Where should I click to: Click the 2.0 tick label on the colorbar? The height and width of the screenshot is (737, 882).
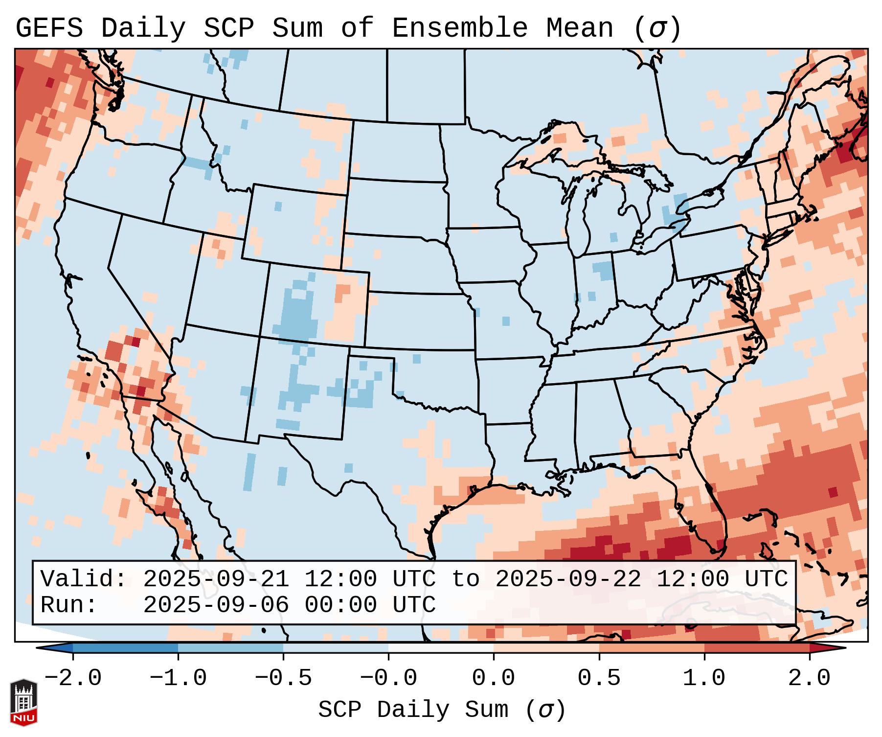coord(809,678)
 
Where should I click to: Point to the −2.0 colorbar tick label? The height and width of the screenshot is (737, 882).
coord(73,678)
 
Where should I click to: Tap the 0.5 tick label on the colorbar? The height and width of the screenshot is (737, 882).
coord(599,678)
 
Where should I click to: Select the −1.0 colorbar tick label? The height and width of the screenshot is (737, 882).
coord(178,678)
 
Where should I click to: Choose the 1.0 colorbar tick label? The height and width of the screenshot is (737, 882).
coord(704,678)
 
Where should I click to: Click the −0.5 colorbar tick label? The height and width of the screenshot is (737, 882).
coord(283,678)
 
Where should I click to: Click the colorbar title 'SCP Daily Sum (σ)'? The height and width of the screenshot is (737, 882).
coord(442,710)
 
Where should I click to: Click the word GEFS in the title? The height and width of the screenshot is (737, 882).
coord(49,28)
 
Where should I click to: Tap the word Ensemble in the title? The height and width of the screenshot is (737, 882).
coord(460,28)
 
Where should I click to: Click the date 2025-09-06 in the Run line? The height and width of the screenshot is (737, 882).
coord(216,605)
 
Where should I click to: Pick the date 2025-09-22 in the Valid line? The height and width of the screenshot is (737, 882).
coord(568,579)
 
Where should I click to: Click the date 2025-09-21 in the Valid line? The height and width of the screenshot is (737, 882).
coord(216,579)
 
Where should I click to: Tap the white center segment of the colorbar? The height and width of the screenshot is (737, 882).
coord(441,648)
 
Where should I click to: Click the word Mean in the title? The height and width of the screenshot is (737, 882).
coord(579,28)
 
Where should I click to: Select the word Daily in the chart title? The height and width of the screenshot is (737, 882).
coord(143,28)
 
